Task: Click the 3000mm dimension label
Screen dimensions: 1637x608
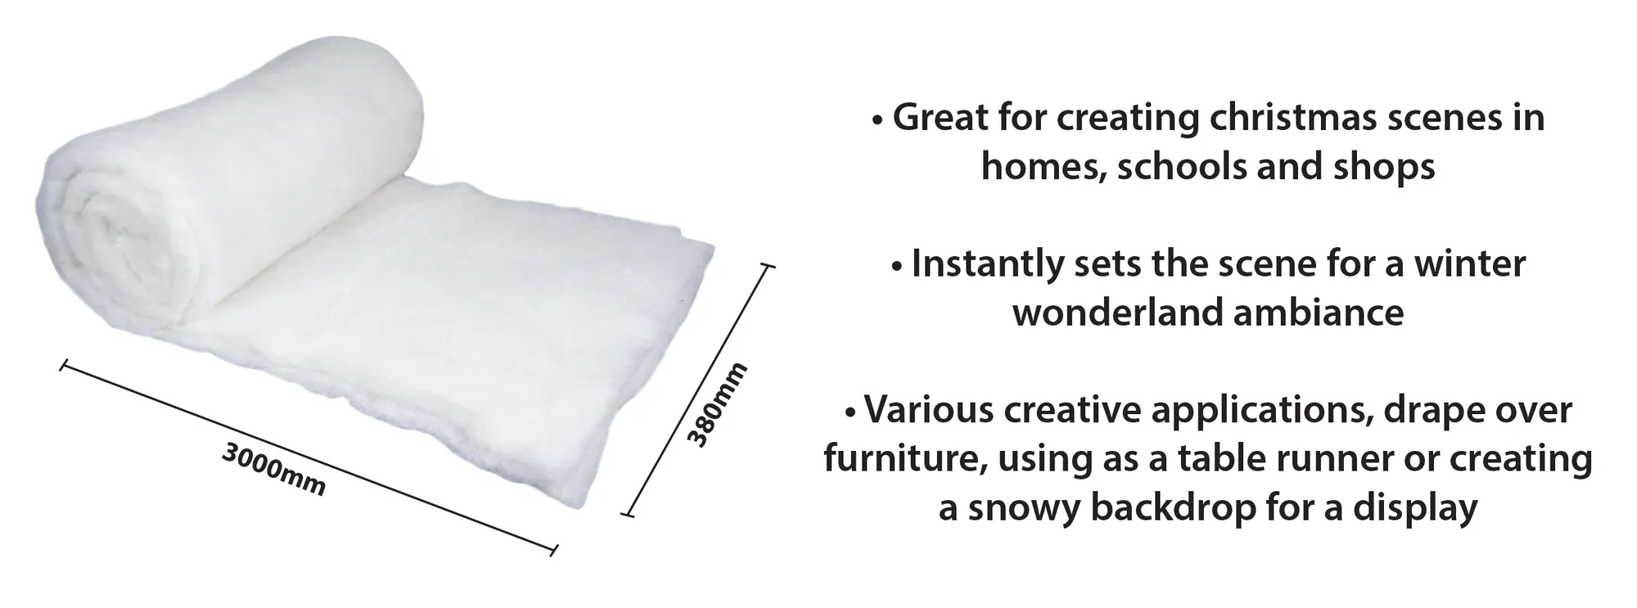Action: coord(273,470)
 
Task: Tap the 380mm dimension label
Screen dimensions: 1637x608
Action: coord(717,405)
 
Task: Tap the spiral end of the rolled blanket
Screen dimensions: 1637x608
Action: coord(119,237)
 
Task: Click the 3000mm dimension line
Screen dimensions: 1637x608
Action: coord(309,457)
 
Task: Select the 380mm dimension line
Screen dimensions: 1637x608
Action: coord(697,390)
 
